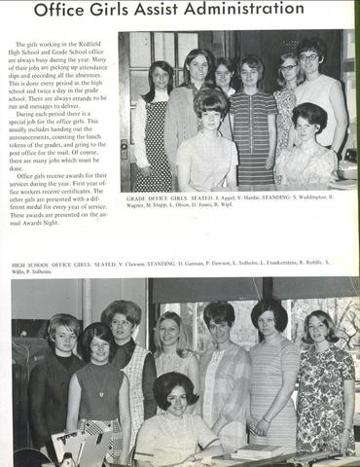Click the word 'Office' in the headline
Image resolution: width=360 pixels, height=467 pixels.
65,12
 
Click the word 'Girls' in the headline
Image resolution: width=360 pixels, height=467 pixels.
124,12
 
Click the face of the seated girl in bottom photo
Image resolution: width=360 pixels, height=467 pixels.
175,394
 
